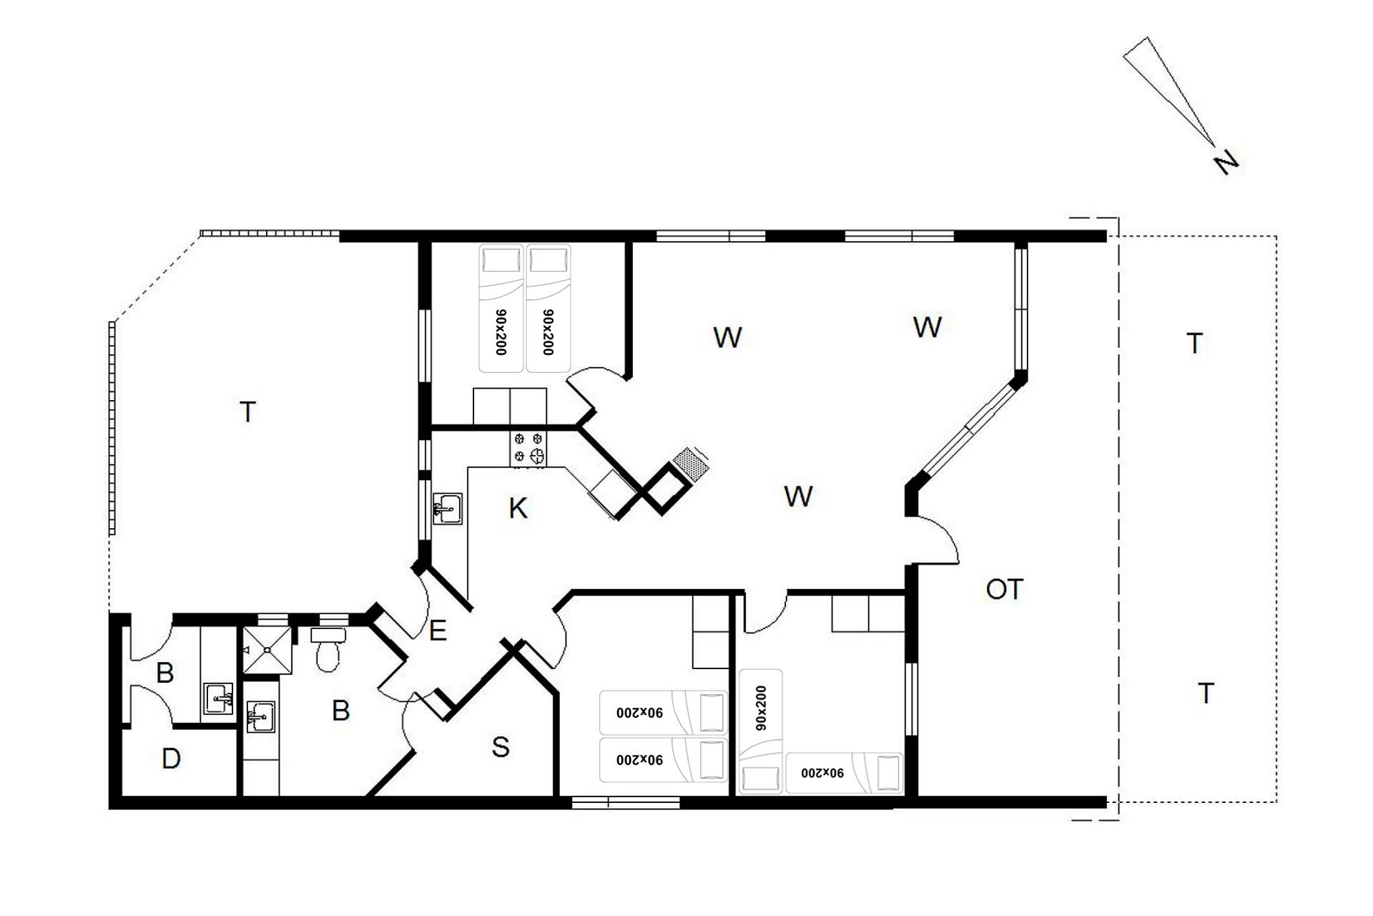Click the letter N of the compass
[x=1226, y=164]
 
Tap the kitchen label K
[x=518, y=509]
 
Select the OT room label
[x=1004, y=590]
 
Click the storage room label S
[x=501, y=747]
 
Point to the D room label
[x=171, y=759]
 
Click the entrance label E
[x=438, y=630]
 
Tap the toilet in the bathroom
[x=328, y=649]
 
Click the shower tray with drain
[x=267, y=651]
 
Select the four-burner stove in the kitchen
[x=528, y=449]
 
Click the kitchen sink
[x=447, y=510]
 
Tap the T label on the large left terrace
[x=247, y=412]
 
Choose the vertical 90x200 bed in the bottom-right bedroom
[x=760, y=731]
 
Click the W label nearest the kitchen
[x=798, y=496]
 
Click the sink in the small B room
[x=218, y=698]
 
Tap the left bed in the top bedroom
[x=501, y=308]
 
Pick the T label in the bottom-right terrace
[x=1206, y=693]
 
